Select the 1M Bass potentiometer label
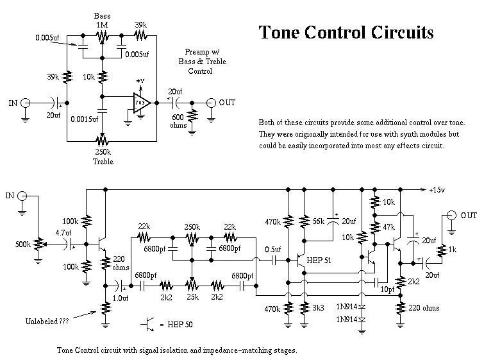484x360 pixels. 102,24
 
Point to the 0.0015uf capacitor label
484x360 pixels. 84,119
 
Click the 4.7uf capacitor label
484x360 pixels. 63,234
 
